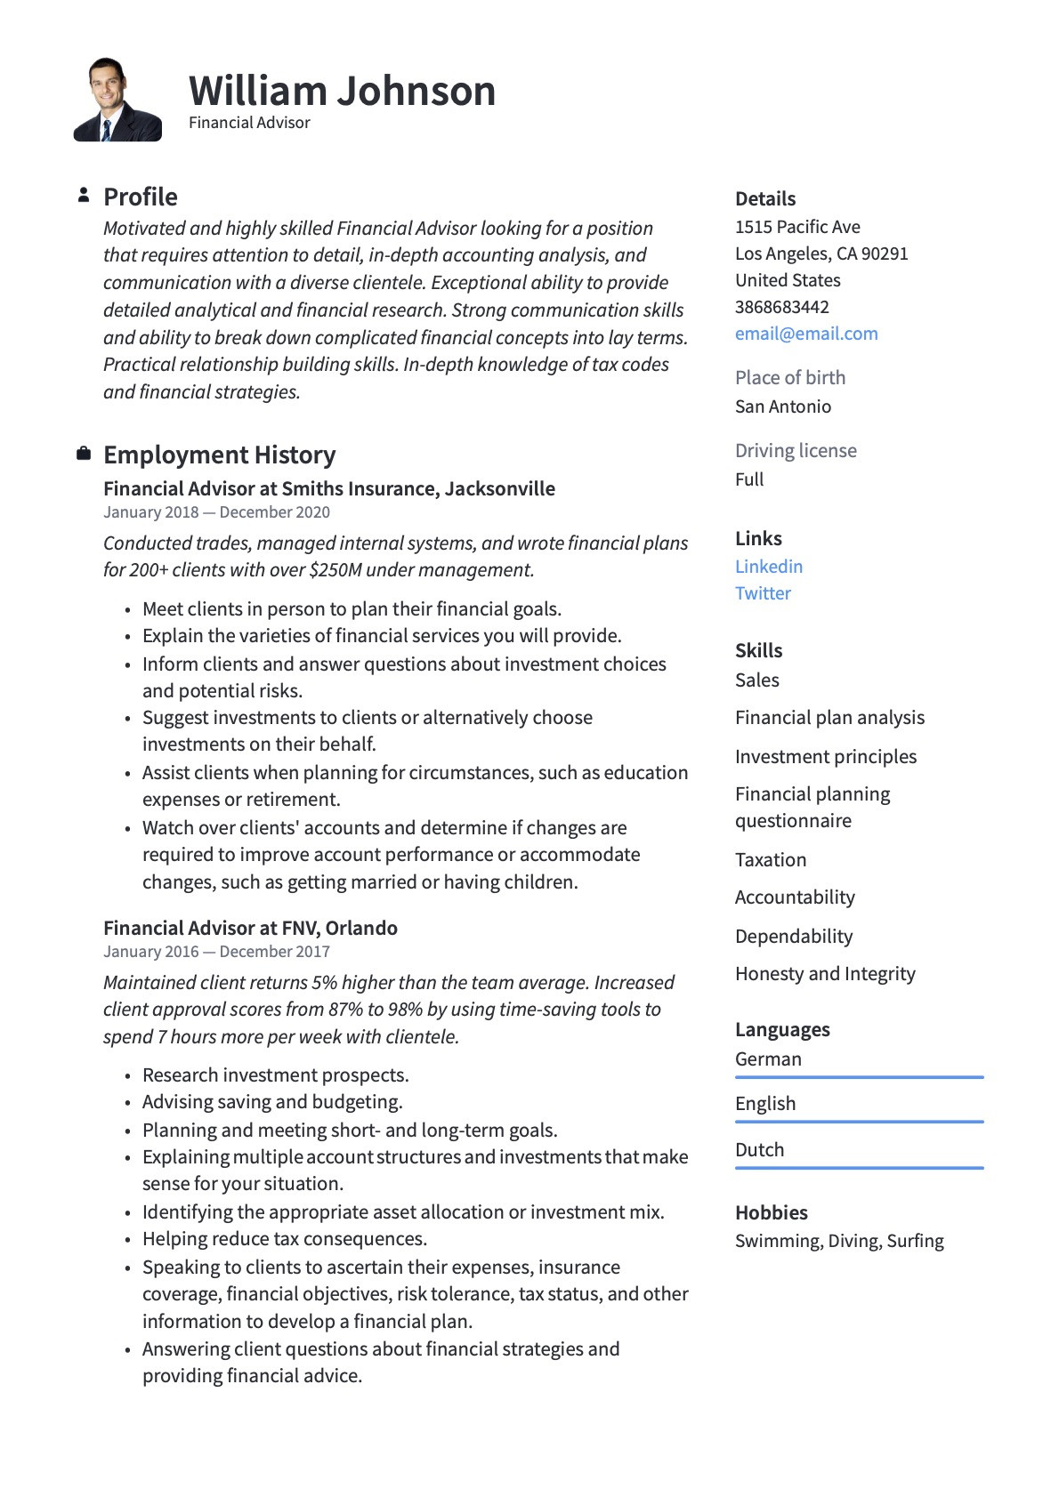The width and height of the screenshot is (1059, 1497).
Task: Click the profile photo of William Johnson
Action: (x=117, y=100)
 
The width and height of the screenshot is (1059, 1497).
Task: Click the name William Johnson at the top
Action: (x=342, y=91)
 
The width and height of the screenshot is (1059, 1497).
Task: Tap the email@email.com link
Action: (x=806, y=334)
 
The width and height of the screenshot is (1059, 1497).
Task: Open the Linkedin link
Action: (x=769, y=567)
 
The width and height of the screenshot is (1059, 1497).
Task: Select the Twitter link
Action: (x=763, y=593)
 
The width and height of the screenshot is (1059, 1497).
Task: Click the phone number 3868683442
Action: (x=781, y=307)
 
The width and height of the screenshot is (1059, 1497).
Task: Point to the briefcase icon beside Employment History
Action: (x=84, y=455)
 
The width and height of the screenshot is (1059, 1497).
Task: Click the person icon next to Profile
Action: (x=84, y=195)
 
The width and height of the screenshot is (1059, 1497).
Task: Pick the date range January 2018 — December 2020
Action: (x=216, y=512)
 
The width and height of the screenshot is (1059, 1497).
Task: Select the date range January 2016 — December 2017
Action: (x=216, y=952)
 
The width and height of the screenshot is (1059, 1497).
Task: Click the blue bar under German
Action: (x=859, y=1077)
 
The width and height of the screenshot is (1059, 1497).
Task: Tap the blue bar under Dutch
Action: (x=859, y=1168)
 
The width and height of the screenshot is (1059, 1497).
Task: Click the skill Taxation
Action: (x=771, y=860)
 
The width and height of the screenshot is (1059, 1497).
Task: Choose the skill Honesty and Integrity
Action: (x=825, y=974)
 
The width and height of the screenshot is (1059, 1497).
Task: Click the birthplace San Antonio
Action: (x=783, y=406)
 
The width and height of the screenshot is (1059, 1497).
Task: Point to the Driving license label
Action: (x=796, y=451)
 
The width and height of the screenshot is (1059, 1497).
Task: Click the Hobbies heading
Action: (x=771, y=1213)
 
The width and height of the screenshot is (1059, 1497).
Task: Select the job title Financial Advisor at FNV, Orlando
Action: (x=250, y=928)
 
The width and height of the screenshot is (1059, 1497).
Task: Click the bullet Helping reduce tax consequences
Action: (x=285, y=1239)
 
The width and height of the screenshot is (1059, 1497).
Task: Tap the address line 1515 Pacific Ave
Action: (x=797, y=227)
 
